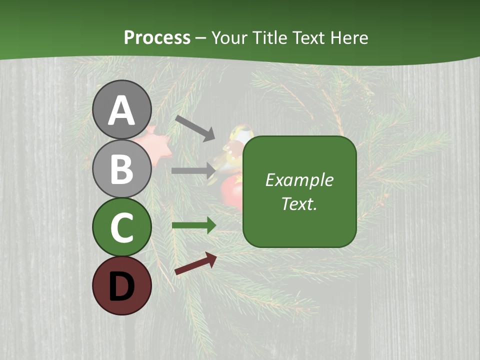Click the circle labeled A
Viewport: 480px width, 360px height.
click(x=121, y=109)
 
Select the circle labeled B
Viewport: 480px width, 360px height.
click(x=121, y=168)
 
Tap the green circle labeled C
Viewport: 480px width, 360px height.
click(x=121, y=227)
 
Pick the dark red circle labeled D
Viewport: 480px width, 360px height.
click(x=121, y=286)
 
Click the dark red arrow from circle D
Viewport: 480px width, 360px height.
click(x=195, y=263)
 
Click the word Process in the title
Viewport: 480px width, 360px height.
click(x=157, y=38)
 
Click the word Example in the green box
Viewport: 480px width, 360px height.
click(x=299, y=180)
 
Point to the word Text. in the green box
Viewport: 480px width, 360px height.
click(x=299, y=204)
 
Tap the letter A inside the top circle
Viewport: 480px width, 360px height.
click(x=121, y=110)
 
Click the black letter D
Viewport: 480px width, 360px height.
click(x=121, y=286)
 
